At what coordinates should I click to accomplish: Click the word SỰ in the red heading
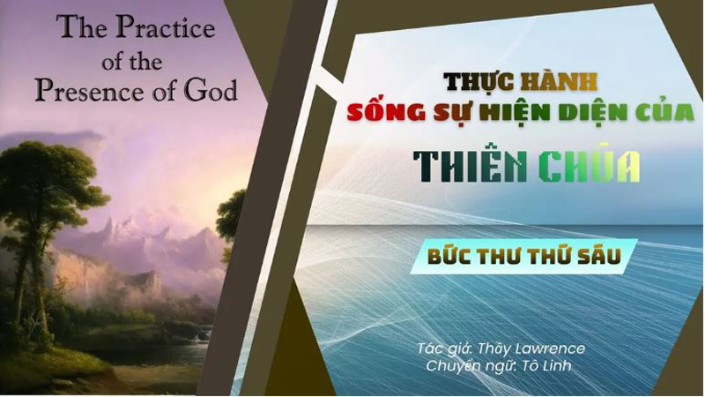442,115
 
